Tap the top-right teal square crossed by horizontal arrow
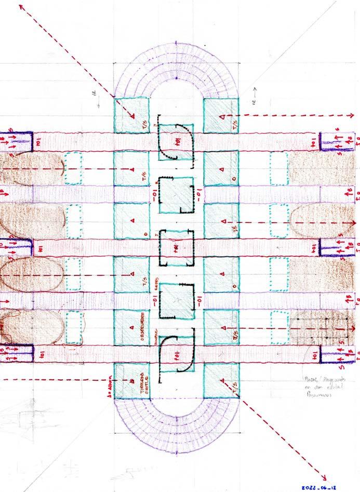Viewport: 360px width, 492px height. [220, 115]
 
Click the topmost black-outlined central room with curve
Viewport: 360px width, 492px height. [176, 141]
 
